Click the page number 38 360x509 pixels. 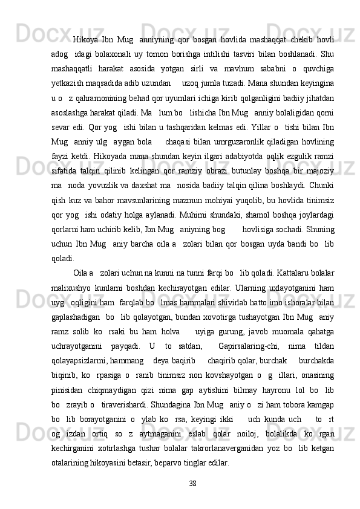pos(193,483)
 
